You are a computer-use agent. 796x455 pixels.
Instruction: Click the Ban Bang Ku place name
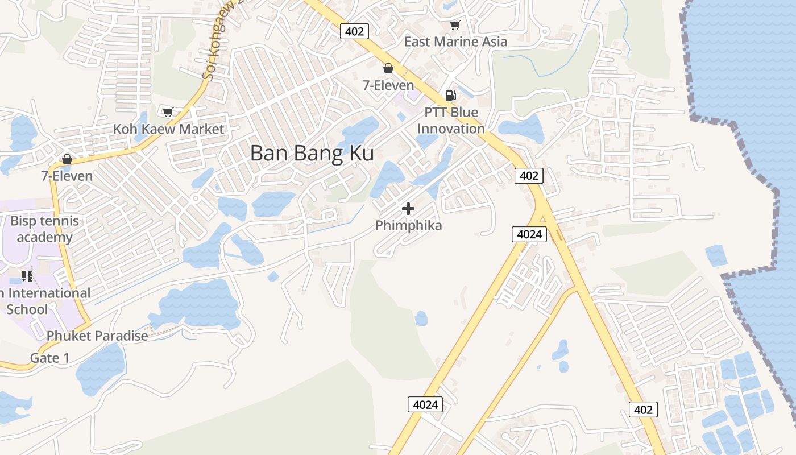[312, 154]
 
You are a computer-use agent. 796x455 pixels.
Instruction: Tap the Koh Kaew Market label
[168, 129]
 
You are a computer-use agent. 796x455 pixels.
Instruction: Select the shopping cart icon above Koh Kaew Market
[168, 112]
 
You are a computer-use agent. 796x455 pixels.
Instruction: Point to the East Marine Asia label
[455, 42]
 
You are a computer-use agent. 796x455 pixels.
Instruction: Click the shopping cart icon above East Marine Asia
[455, 25]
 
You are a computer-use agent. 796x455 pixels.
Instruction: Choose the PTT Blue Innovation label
[451, 121]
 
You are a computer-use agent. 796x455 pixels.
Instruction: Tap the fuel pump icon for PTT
[450, 95]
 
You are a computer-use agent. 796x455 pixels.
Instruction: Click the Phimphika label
[408, 226]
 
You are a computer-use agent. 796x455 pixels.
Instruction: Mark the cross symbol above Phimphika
[408, 209]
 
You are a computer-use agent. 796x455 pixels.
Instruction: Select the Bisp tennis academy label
[45, 229]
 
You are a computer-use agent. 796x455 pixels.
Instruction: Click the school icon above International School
[27, 276]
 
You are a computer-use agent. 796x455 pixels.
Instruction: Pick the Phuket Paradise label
[97, 336]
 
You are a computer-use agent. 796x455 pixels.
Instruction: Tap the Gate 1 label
[49, 358]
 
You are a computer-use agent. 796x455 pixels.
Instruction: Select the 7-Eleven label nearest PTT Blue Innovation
[388, 85]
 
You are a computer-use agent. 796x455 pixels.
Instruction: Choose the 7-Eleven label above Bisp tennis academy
[67, 176]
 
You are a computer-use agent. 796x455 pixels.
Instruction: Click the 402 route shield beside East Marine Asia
[354, 31]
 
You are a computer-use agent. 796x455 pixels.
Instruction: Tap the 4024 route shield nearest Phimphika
[529, 234]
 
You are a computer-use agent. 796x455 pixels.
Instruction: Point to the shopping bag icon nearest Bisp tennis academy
[67, 159]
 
